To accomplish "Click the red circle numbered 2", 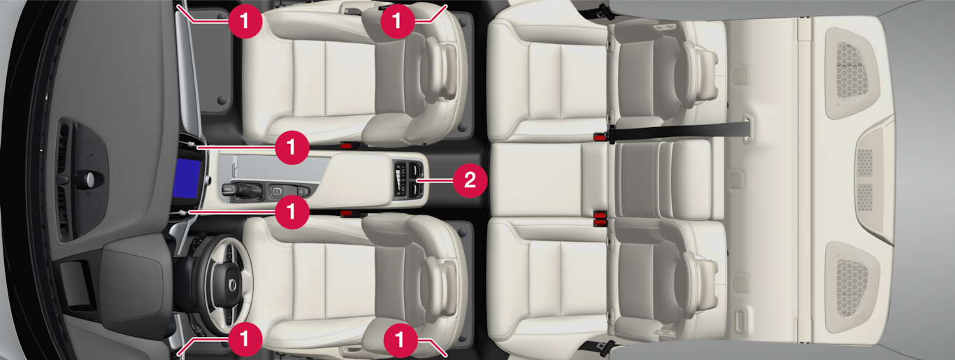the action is click(470, 180).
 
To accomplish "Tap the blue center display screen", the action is click(187, 178).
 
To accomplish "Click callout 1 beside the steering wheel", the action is click(245, 340).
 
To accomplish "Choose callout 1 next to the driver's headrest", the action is click(400, 340).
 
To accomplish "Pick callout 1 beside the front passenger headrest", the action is click(397, 20).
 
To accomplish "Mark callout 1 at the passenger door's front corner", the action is click(245, 20).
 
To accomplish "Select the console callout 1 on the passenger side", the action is click(292, 147).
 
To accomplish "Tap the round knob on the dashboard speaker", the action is click(89, 179).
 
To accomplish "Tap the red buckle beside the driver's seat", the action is click(346, 213).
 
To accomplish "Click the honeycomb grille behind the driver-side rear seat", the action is click(852, 287).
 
